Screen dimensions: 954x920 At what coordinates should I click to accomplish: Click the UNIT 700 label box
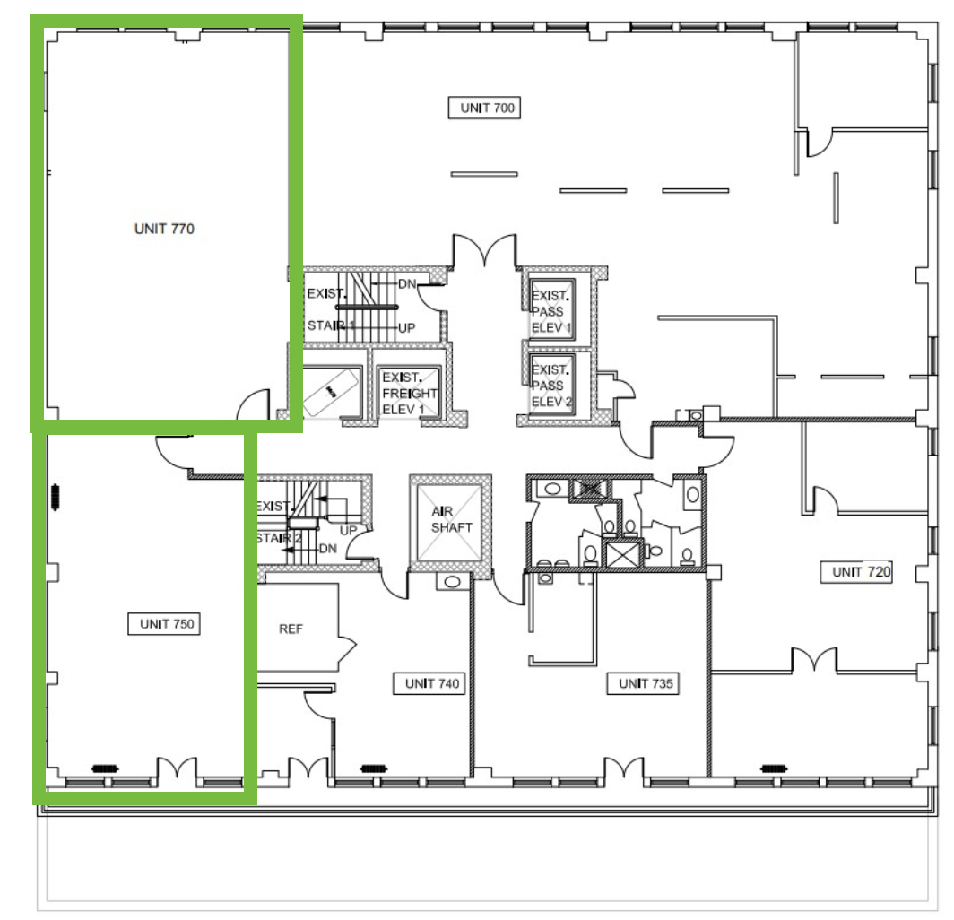point(484,108)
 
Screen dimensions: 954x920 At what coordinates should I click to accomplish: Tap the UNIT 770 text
point(164,229)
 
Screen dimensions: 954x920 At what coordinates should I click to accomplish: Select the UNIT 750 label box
point(164,624)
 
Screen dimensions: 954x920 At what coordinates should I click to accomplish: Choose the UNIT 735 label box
point(643,683)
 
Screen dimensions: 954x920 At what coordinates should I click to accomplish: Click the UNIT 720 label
point(856,572)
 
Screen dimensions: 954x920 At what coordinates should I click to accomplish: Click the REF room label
point(291,629)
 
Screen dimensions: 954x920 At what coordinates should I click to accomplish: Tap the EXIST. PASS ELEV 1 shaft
point(551,308)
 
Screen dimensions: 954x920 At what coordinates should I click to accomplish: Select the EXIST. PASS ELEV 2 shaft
point(551,384)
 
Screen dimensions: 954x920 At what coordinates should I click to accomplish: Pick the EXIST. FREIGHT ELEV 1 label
point(409,393)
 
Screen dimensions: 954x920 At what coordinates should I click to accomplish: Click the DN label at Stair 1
point(407,283)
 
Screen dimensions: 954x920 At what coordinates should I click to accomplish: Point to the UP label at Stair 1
point(406,328)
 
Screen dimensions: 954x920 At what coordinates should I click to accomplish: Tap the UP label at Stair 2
point(348,531)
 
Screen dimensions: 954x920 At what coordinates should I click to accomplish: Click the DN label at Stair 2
point(328,548)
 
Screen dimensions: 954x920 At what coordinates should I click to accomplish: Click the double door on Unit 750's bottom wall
point(177,768)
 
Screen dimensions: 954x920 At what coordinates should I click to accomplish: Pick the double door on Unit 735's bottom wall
point(624,768)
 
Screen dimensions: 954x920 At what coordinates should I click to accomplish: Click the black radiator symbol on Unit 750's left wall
point(56,497)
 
